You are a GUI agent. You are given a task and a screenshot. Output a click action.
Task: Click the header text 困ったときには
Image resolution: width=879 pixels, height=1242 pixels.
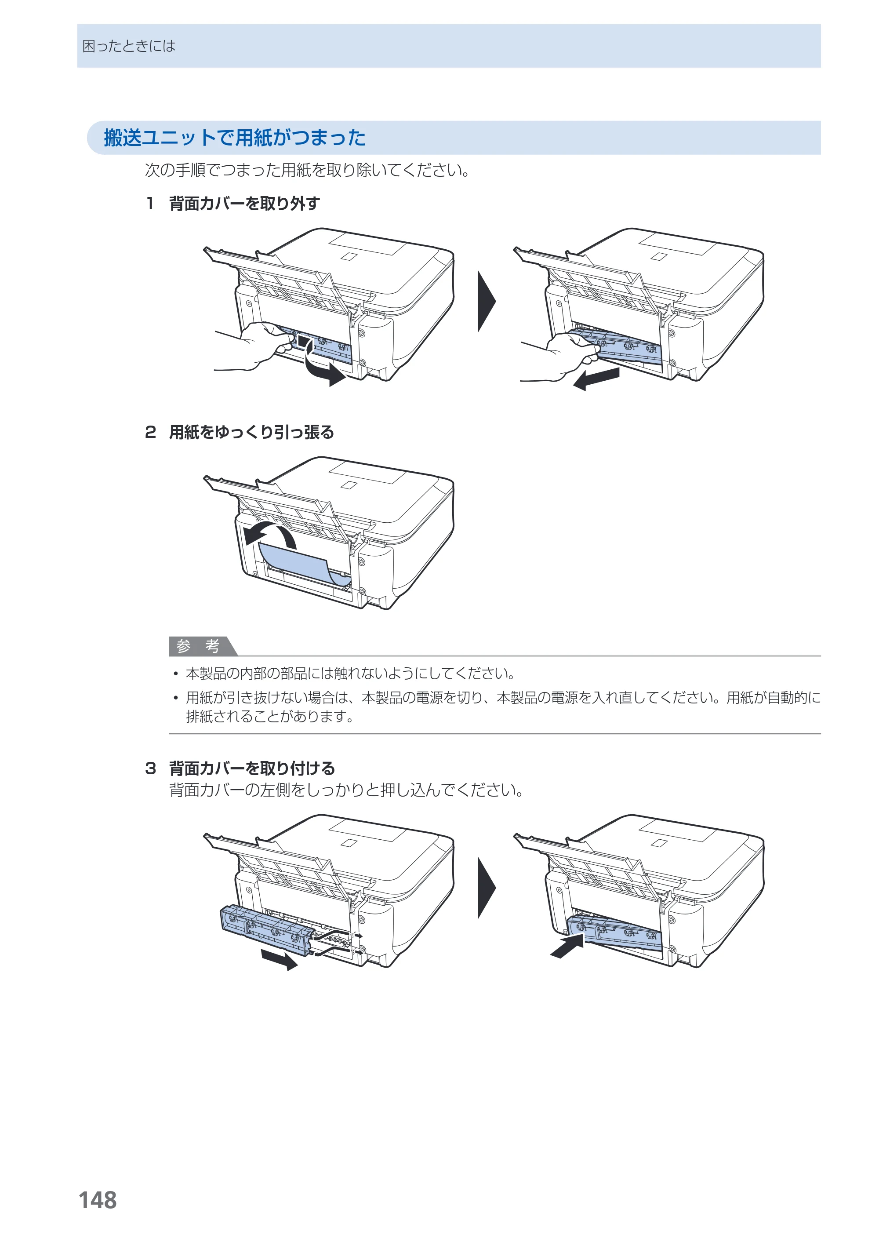[x=129, y=46]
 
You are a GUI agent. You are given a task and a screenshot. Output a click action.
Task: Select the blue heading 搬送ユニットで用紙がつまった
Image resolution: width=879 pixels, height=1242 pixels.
[x=235, y=138]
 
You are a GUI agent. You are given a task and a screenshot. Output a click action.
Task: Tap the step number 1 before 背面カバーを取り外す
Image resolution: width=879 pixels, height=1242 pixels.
[x=150, y=204]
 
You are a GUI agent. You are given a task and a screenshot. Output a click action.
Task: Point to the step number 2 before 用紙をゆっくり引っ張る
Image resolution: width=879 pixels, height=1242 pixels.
[x=150, y=432]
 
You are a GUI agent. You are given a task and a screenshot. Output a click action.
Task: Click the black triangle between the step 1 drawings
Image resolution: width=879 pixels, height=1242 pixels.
[x=486, y=301]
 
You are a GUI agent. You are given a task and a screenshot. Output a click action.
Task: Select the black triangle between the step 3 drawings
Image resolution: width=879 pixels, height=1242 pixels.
[x=486, y=888]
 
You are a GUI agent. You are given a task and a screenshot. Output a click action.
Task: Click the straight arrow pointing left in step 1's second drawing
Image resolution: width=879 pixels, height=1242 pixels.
[x=596, y=379]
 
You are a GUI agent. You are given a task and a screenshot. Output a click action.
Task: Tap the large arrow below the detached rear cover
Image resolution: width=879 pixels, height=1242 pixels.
[x=279, y=959]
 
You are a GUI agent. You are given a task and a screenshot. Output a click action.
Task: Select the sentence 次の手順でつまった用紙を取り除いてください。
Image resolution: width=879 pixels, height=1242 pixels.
[x=308, y=171]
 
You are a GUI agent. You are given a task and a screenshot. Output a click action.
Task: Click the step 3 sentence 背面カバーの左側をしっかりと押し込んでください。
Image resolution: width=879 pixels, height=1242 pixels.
[x=346, y=790]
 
